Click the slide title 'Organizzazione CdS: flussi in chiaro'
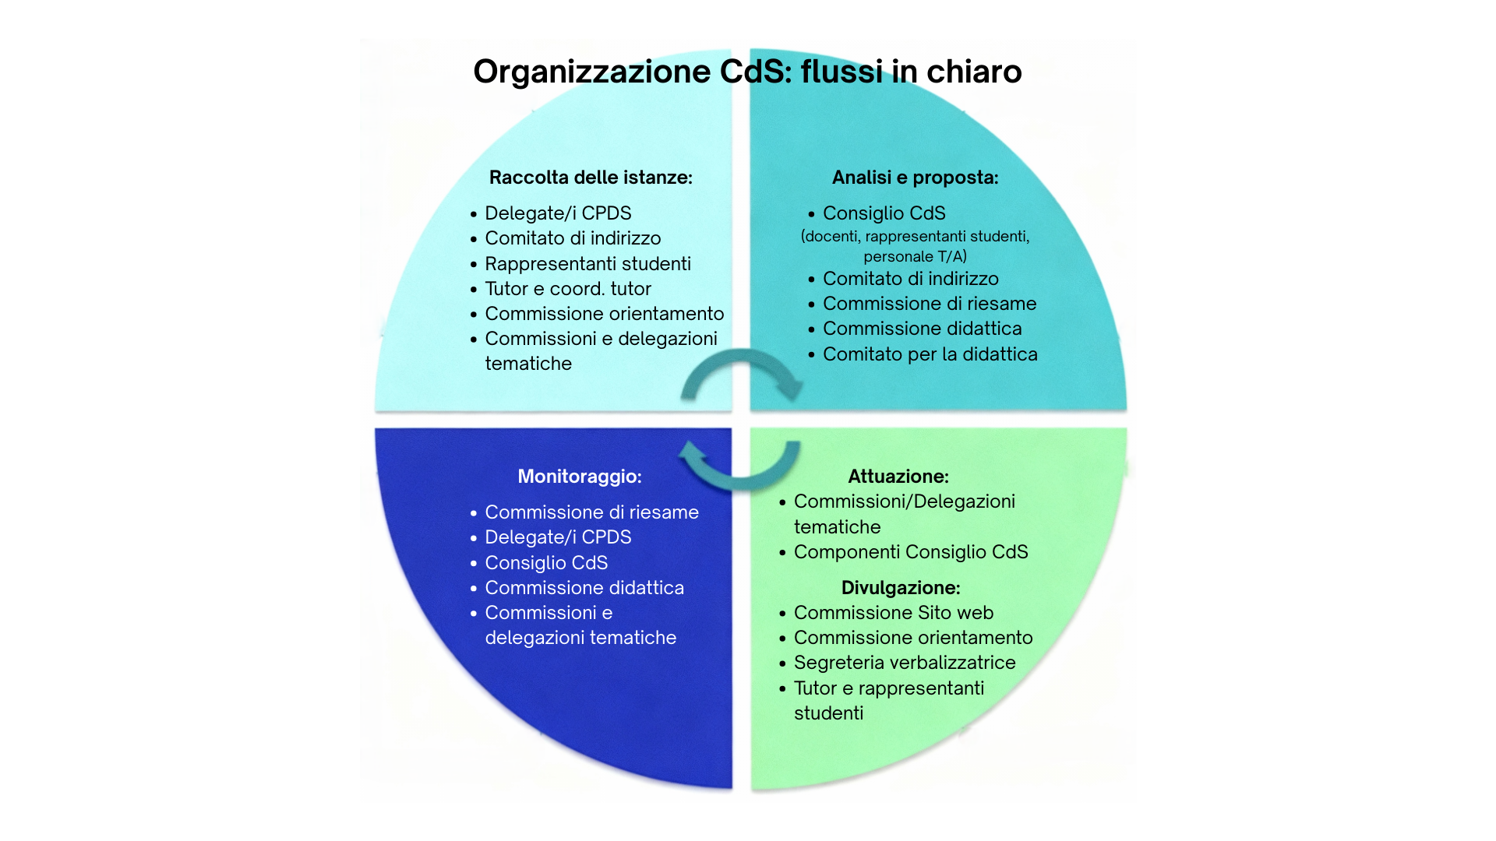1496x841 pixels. [x=747, y=72]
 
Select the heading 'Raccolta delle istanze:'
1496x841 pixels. [x=591, y=178]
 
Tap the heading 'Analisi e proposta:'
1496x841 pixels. [x=915, y=178]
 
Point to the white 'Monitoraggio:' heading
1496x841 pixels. [x=580, y=477]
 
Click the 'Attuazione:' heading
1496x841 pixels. [x=898, y=477]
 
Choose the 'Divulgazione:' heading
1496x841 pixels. [x=901, y=588]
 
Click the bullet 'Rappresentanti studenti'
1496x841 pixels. [x=588, y=264]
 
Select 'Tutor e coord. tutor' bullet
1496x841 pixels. [x=568, y=289]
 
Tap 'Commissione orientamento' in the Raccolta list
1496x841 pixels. [x=605, y=314]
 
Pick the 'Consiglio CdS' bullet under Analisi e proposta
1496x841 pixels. [x=884, y=213]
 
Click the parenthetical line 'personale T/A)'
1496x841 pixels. [x=915, y=256]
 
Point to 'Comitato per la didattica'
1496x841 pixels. [x=930, y=354]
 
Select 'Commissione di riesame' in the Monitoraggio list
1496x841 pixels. [x=592, y=512]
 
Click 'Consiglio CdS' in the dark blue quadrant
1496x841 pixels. [x=546, y=563]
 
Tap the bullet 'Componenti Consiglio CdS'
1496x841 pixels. [x=911, y=552]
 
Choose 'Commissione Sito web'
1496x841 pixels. [x=894, y=613]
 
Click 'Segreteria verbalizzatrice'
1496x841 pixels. [x=905, y=663]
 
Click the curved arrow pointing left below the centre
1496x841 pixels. [x=739, y=483]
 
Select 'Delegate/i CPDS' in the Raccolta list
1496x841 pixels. [x=558, y=213]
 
